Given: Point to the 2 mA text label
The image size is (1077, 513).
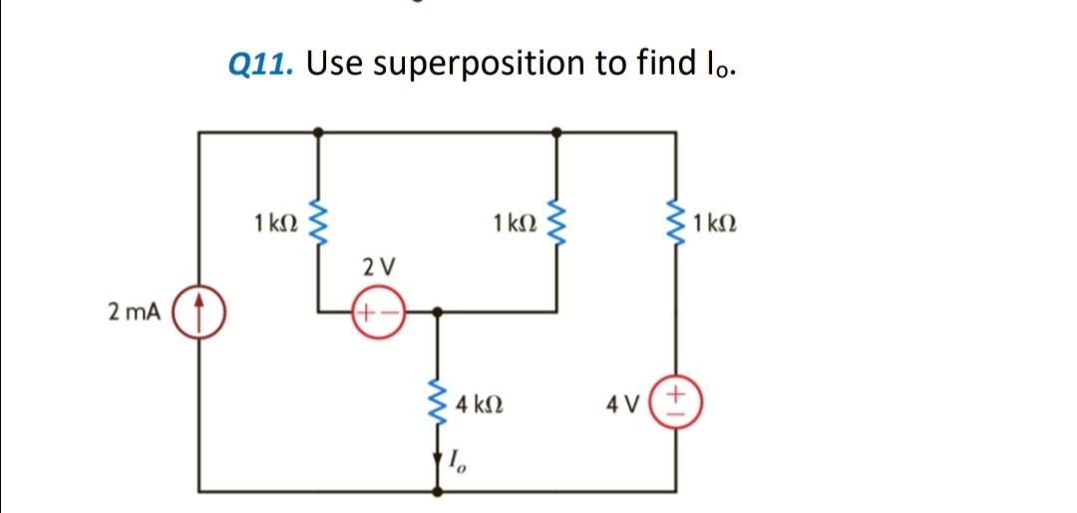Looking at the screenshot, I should click(x=134, y=312).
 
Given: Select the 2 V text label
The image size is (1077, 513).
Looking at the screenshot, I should click(x=378, y=267).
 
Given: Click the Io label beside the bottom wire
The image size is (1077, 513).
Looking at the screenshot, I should click(x=456, y=461).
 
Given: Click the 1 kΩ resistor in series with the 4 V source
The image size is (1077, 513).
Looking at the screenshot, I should click(x=677, y=220).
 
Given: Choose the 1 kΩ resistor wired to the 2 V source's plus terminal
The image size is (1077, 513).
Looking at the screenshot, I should click(x=318, y=220).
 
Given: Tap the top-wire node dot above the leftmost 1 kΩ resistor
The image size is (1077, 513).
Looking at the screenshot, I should click(x=318, y=131).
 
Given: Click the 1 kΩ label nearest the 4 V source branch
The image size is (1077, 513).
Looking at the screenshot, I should click(x=716, y=220).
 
